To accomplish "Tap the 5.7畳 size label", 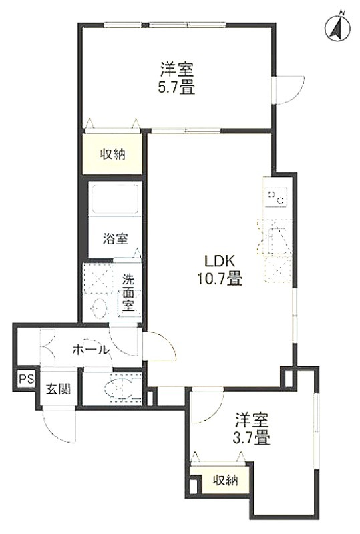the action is (x=176, y=89).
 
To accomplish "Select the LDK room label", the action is (x=220, y=262).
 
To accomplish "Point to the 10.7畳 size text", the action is (x=220, y=279).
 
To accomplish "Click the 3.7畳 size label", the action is (x=251, y=438).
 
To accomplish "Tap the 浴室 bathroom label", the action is (x=116, y=239).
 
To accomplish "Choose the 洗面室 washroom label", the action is (x=128, y=293).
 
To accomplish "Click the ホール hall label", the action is (x=91, y=350).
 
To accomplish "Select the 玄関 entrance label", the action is (x=59, y=389).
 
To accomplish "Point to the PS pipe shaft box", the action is (x=27, y=379).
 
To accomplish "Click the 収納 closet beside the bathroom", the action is (x=112, y=154).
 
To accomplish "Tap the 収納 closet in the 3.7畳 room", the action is (x=225, y=480).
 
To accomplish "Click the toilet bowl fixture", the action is (x=118, y=388).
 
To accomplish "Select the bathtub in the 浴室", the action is (x=115, y=200).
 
